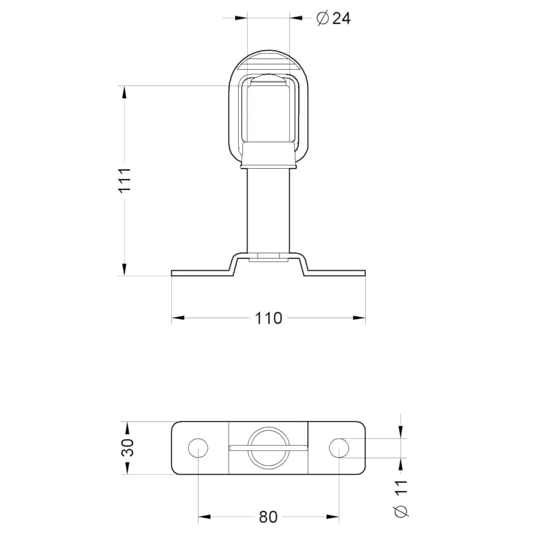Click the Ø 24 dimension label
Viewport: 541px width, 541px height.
coord(333,18)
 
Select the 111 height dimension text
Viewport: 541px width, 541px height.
coord(125,181)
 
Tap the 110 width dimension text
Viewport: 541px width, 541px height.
coord(269,318)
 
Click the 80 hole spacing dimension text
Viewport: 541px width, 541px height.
coord(268,517)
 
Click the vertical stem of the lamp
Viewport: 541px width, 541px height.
coord(268,211)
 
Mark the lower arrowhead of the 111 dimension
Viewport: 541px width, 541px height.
coord(125,269)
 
